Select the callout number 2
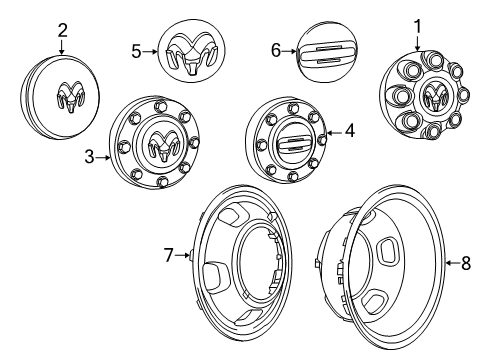coord(62,31)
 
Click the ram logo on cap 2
coord(68,96)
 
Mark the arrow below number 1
coord(417,42)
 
